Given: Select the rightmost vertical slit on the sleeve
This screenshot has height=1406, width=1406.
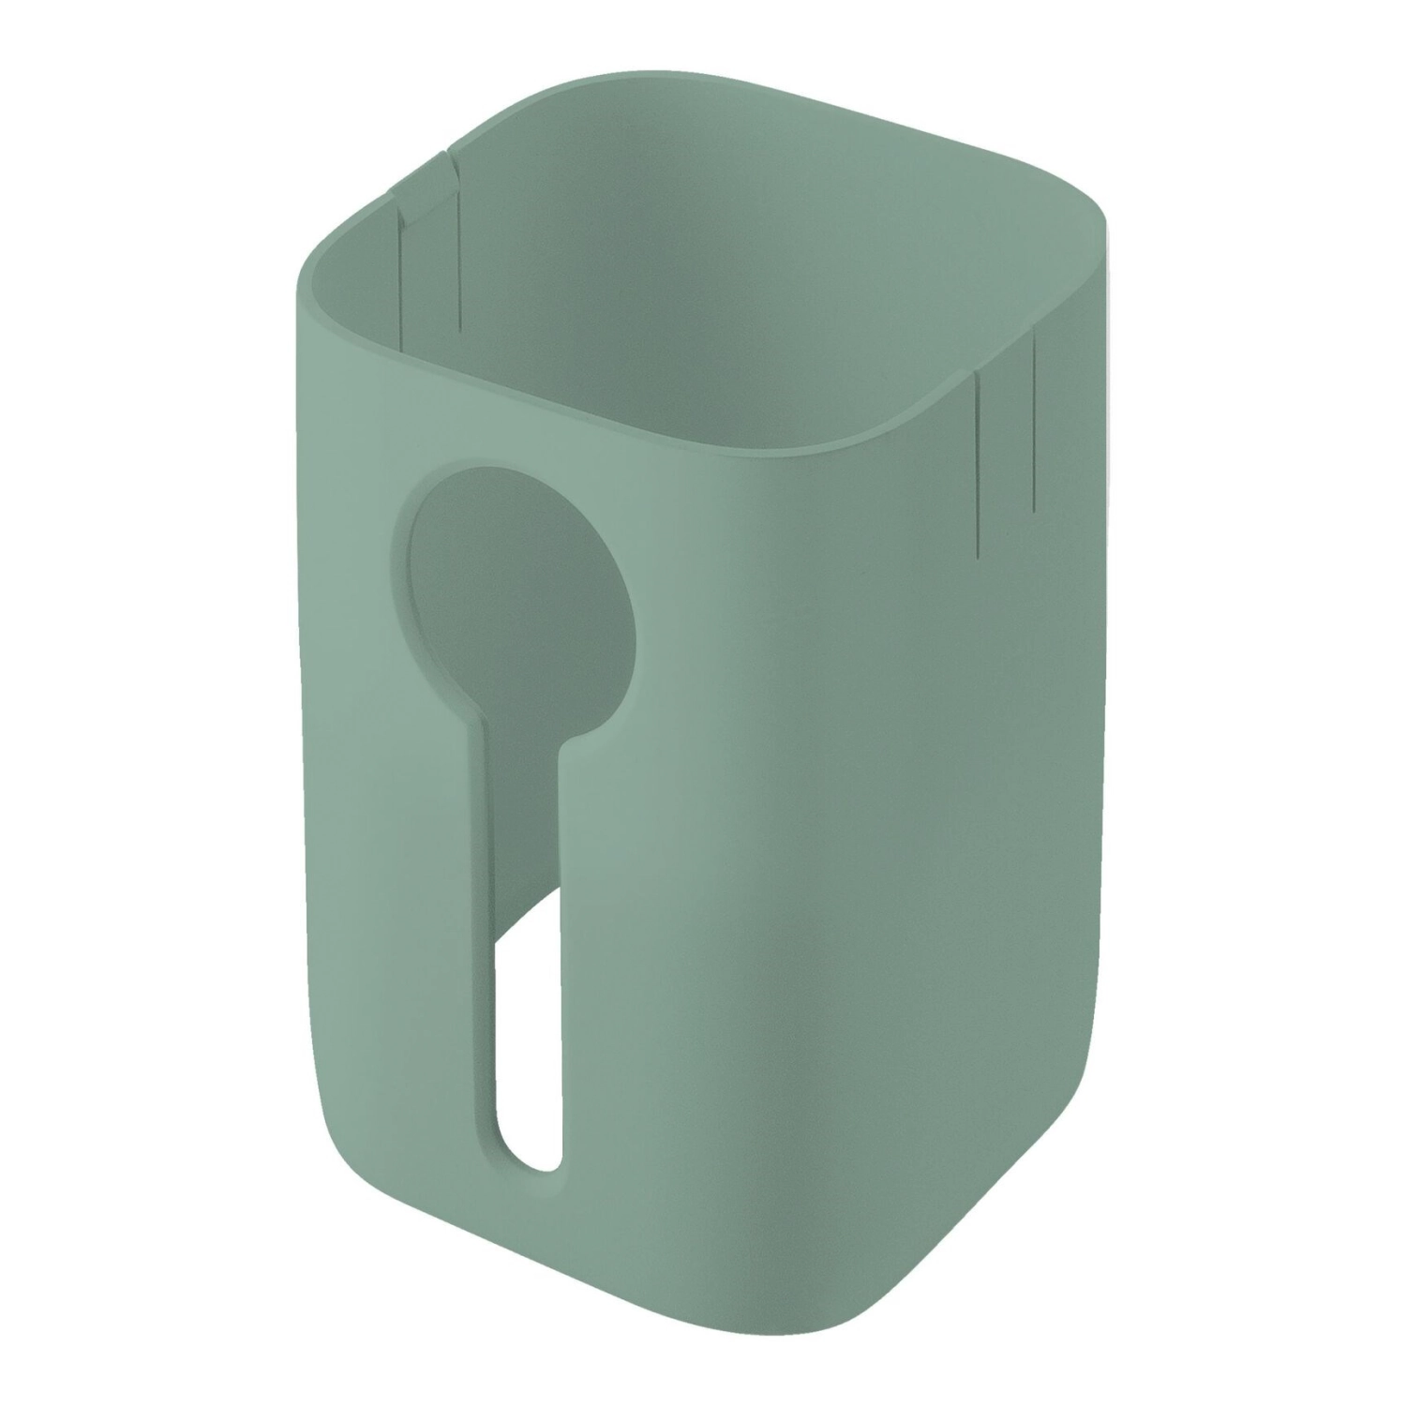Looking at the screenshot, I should tap(1033, 422).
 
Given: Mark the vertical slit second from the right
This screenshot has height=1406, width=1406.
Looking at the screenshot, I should tap(975, 459).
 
